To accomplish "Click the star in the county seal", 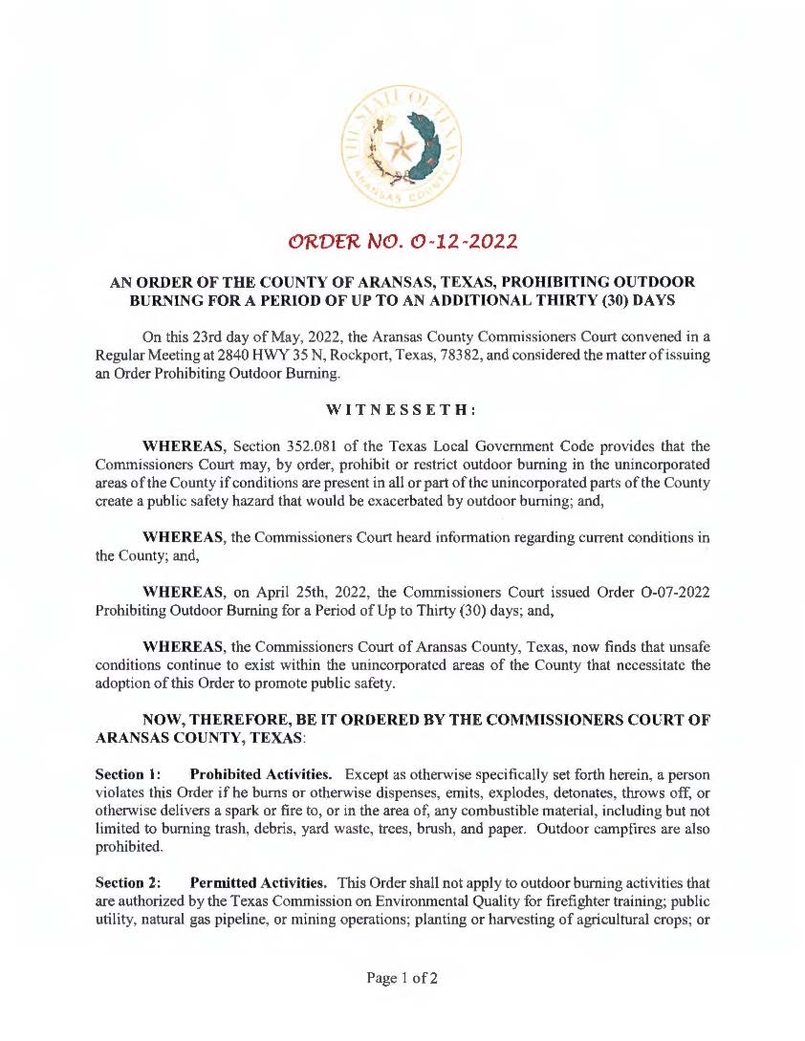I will pyautogui.click(x=401, y=146).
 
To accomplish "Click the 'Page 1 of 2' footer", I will pyautogui.click(x=402, y=978).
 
